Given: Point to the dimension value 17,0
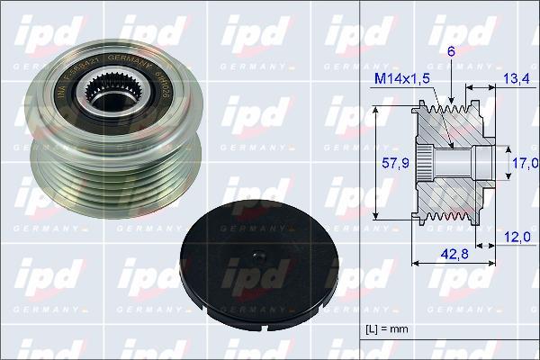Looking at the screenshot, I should click(524, 163).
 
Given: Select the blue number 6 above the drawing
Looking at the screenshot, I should click(450, 51).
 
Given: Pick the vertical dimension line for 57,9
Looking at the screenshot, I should click(373, 164).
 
